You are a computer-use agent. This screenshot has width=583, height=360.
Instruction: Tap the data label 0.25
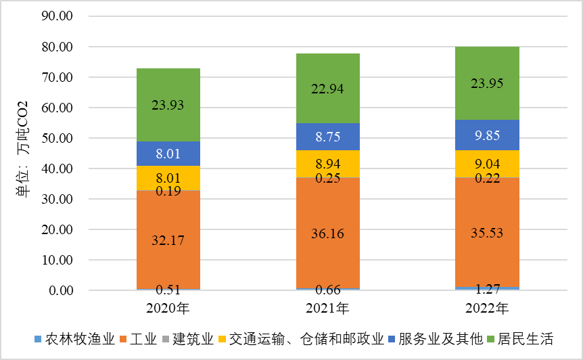tap(328, 178)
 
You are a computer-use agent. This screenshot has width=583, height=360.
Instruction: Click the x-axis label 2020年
tap(168, 310)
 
